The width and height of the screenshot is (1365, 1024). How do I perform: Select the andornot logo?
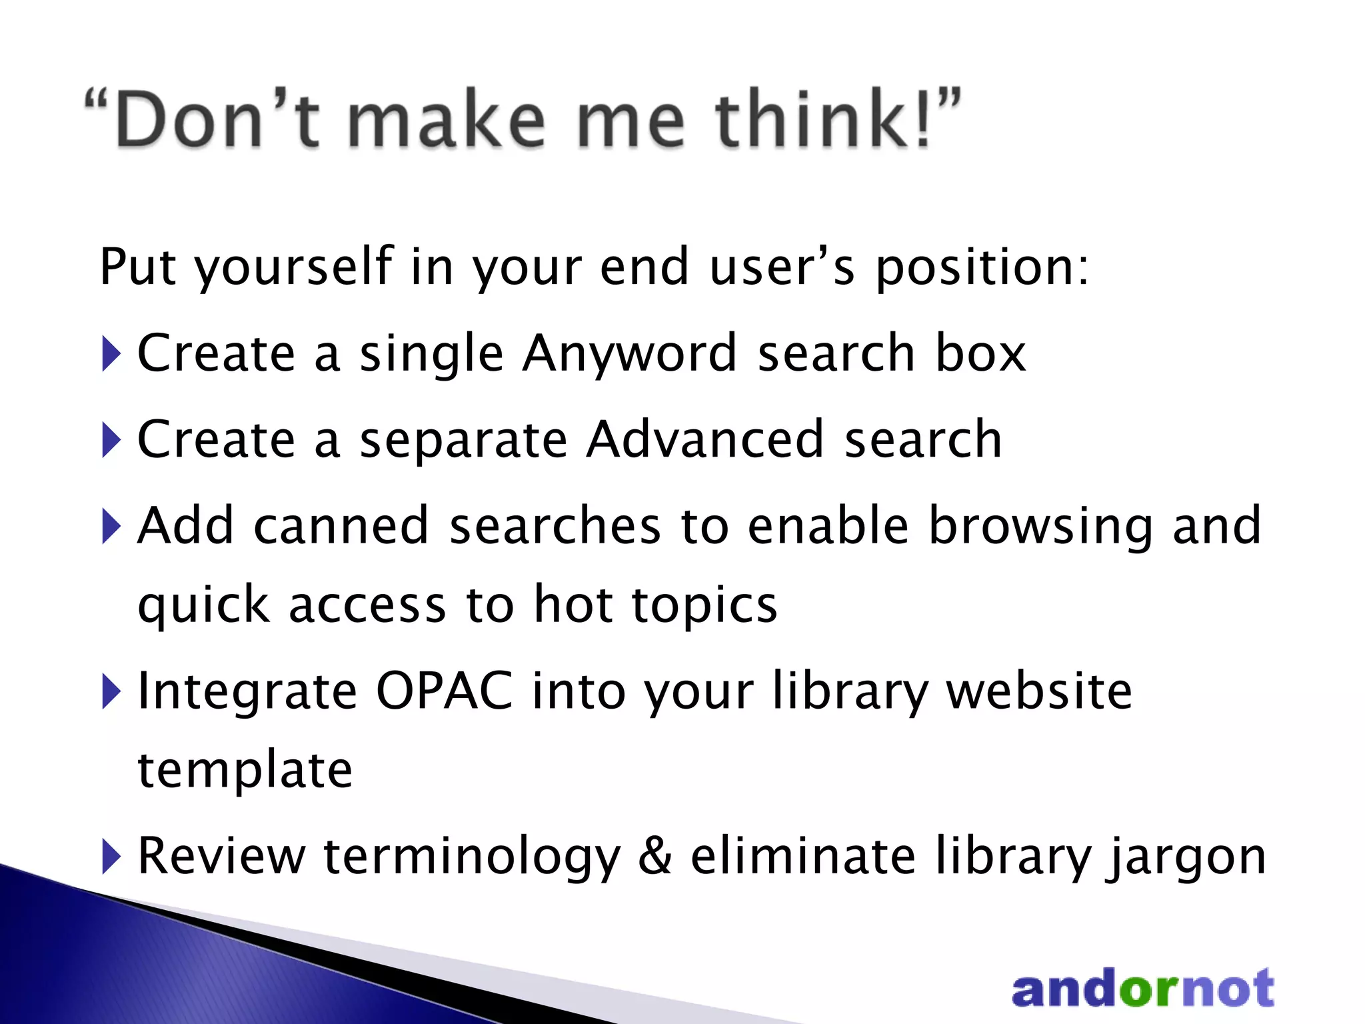click(1142, 989)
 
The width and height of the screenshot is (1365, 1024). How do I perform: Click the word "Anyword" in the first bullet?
click(630, 353)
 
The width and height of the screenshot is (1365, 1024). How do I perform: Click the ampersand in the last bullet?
click(655, 856)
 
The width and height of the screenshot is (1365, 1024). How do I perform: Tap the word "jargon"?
click(1186, 857)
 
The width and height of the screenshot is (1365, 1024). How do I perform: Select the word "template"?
click(245, 770)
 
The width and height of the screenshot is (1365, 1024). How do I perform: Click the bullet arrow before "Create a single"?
click(111, 354)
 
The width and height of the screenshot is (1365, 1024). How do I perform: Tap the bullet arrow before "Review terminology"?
click(111, 857)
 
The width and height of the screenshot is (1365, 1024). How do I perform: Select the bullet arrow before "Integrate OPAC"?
click(111, 692)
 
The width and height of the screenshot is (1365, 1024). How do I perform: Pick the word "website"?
click(1040, 691)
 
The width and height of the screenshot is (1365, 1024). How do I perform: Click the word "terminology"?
click(472, 857)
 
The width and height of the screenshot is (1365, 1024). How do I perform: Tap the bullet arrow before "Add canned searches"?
click(111, 527)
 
